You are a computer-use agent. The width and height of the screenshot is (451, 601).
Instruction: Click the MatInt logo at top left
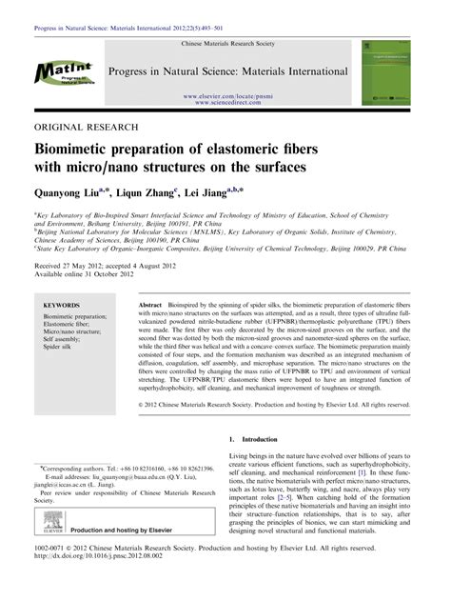click(64, 73)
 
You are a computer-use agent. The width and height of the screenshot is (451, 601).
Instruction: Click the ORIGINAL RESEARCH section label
click(83, 126)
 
